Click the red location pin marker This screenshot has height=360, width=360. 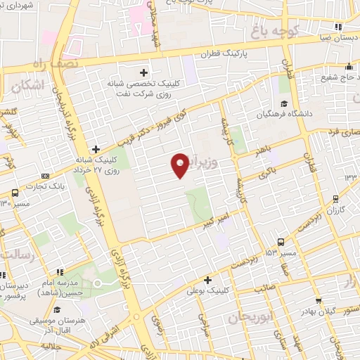[180, 165]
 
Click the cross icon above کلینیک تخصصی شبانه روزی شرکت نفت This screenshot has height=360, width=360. [144, 72]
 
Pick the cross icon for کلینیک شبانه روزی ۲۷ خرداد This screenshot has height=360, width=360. [96, 148]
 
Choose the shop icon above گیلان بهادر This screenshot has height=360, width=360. [320, 301]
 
